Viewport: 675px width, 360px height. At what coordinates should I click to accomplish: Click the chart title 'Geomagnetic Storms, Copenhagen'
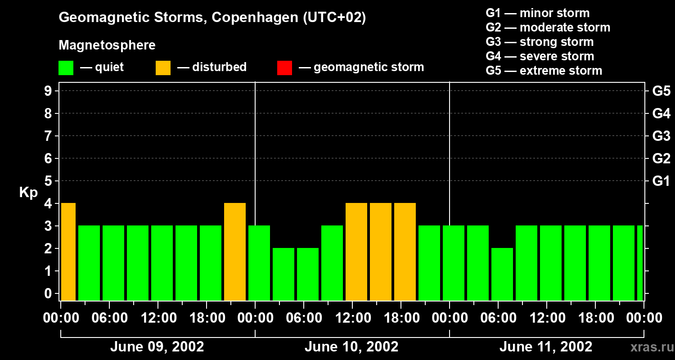[212, 18]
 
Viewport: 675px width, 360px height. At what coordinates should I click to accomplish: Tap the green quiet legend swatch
[66, 68]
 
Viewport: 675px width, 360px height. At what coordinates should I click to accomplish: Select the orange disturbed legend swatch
[163, 68]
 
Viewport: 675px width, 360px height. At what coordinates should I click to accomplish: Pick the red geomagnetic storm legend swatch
[284, 68]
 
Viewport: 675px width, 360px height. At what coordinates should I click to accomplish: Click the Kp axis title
[28, 193]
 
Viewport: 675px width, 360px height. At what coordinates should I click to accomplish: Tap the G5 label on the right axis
[661, 91]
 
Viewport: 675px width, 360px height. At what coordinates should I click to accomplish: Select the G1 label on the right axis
[661, 181]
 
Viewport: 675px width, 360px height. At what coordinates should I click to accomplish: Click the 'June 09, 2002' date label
[157, 347]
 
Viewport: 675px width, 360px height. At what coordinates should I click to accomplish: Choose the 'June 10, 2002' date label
[351, 347]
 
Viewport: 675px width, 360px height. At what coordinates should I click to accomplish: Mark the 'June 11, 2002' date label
[546, 347]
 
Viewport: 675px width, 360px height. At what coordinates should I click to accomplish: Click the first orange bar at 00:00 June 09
[68, 252]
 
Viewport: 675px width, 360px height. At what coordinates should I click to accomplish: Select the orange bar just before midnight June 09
[235, 252]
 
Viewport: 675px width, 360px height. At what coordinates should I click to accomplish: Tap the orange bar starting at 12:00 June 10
[356, 252]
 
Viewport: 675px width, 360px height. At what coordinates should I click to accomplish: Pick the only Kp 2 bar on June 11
[502, 274]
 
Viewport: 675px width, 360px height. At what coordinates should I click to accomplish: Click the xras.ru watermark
[649, 347]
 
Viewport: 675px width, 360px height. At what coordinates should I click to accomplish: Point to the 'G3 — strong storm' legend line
[540, 42]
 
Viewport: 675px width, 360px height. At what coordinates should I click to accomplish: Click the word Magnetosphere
[107, 45]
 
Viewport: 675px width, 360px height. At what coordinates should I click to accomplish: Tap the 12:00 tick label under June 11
[546, 318]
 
